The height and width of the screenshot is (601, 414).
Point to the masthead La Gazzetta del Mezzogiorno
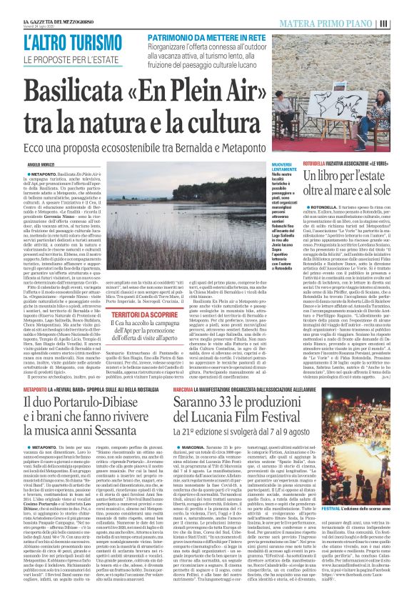pyautogui.click(x=54, y=6)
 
